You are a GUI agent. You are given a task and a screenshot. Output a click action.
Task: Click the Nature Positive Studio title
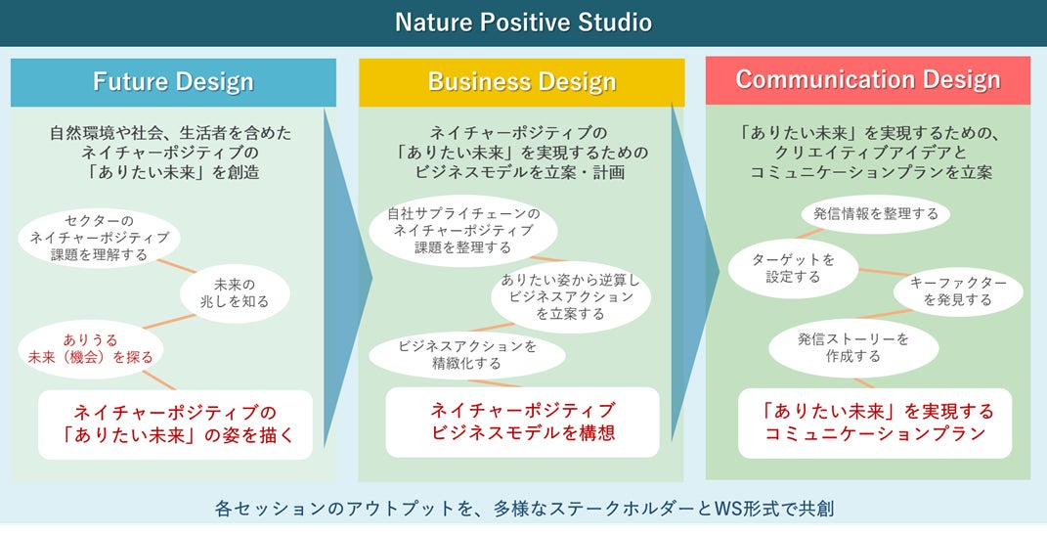coord(523,22)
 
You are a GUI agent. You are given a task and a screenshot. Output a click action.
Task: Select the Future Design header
coord(173,82)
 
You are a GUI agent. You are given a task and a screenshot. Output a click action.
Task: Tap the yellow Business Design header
coord(521,82)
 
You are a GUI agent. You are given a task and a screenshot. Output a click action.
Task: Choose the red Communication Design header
coord(867,80)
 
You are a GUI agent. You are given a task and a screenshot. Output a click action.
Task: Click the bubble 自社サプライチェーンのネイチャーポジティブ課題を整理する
coord(463,231)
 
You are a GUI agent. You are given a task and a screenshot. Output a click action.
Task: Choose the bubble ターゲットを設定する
coord(793,268)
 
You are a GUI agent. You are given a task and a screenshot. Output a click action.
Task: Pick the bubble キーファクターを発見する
coord(958,290)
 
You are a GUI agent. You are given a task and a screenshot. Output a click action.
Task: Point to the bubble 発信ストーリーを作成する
coord(852,347)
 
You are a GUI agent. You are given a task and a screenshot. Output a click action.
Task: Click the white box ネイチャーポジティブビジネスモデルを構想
coord(522,422)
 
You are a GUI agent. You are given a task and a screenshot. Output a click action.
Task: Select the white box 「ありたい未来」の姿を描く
coord(175,424)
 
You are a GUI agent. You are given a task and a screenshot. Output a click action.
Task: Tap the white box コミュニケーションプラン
coord(868,423)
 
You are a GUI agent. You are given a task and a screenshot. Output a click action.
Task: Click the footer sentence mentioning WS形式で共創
coord(523,509)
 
